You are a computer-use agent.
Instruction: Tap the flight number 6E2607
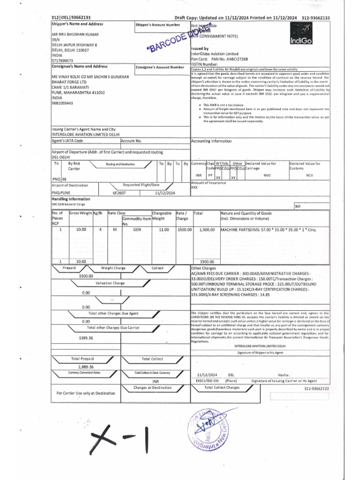(119, 193)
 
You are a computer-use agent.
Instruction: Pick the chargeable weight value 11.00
(164, 230)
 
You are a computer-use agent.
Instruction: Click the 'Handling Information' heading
(70, 199)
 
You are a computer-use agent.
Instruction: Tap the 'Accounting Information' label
(211, 141)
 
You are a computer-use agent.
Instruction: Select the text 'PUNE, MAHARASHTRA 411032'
(78, 93)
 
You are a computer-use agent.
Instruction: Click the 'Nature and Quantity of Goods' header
(246, 213)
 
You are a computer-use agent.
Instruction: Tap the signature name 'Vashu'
(284, 375)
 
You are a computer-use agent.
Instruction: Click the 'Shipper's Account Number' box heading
(157, 24)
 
